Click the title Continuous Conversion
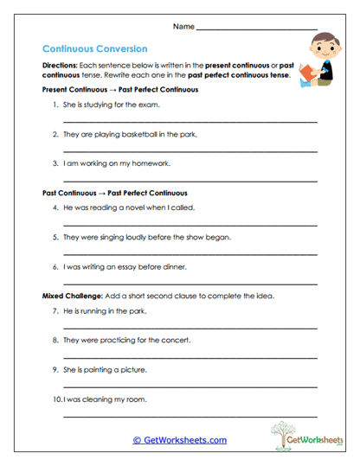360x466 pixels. pyautogui.click(x=94, y=49)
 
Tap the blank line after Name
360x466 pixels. pyautogui.click(x=257, y=29)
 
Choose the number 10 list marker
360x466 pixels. pyautogui.click(x=56, y=399)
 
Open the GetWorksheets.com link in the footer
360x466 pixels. pyautogui.click(x=180, y=440)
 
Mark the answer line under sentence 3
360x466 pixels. pyautogui.click(x=190, y=181)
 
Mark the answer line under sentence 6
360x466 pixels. pyautogui.click(x=190, y=284)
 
